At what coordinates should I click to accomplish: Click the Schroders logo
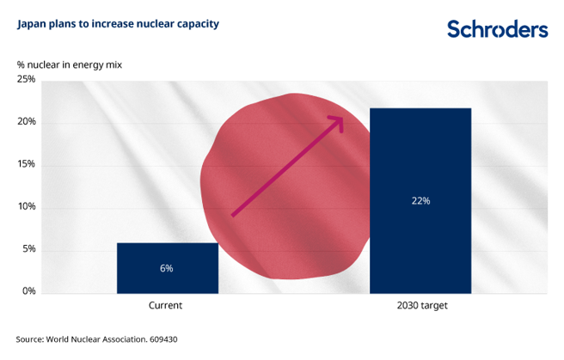497,29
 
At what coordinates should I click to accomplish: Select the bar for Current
167,267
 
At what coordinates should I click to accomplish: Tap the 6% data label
167,268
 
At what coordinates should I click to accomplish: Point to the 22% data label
420,201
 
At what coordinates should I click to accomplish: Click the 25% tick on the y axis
26,80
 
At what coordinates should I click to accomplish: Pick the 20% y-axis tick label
26,122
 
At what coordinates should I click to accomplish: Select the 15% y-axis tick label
26,164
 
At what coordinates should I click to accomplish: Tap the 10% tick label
26,207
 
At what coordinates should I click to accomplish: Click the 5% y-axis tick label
28,249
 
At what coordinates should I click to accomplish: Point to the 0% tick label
28,291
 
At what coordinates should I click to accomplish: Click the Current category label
166,306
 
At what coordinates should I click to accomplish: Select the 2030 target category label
420,306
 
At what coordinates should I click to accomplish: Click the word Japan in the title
32,23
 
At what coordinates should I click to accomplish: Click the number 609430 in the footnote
159,339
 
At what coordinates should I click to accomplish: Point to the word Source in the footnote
32,339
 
